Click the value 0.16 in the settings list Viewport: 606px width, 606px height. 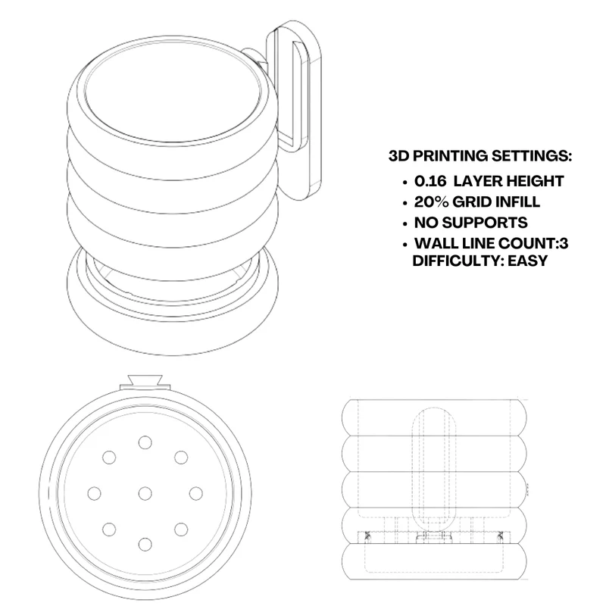tap(430, 181)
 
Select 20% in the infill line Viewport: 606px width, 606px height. tap(431, 201)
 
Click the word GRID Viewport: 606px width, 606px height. tap(472, 201)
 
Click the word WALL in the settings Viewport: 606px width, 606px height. tap(435, 243)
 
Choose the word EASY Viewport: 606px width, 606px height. tap(527, 261)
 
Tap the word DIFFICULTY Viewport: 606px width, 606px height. tap(458, 261)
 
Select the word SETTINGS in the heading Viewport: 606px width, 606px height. tap(532, 156)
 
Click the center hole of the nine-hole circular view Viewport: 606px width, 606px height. tap(145, 494)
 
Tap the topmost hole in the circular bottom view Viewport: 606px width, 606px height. tap(145, 442)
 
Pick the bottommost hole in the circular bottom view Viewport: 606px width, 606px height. tap(145, 545)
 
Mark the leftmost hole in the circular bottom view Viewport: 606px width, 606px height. tap(94, 494)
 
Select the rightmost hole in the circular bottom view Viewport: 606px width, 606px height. tap(196, 494)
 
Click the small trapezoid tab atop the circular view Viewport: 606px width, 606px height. tap(145, 380)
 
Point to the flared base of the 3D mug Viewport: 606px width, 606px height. tap(173, 333)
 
